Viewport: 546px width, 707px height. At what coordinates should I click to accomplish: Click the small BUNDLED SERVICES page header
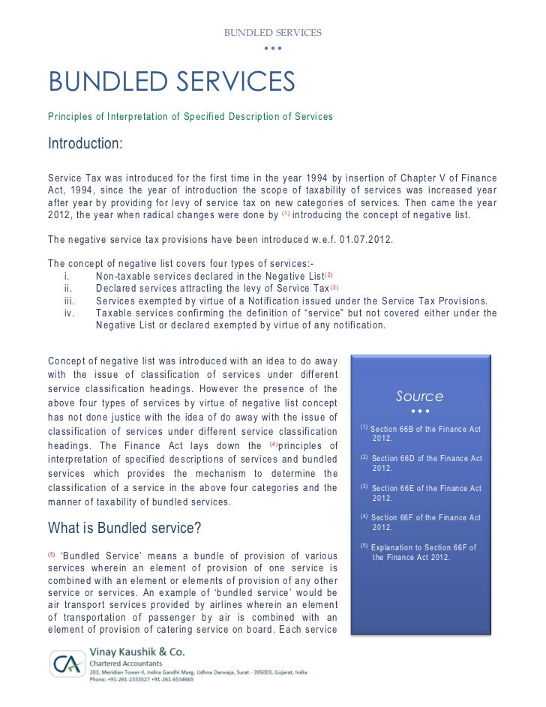[x=273, y=33]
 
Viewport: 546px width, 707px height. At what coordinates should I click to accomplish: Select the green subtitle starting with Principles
[x=190, y=117]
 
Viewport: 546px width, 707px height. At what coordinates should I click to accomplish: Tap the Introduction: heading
[x=85, y=143]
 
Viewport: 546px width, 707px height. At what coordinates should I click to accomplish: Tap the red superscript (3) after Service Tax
[x=334, y=287]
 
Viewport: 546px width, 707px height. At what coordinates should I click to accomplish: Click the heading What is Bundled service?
[x=124, y=528]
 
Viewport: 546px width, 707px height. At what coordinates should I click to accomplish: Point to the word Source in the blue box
[x=419, y=396]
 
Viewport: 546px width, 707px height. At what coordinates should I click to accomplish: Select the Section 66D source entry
[x=425, y=463]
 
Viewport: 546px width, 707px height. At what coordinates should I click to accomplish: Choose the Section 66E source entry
[x=425, y=493]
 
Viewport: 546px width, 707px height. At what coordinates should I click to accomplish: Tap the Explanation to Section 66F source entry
[x=424, y=552]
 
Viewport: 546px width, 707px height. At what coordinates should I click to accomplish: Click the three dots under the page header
[x=273, y=49]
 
